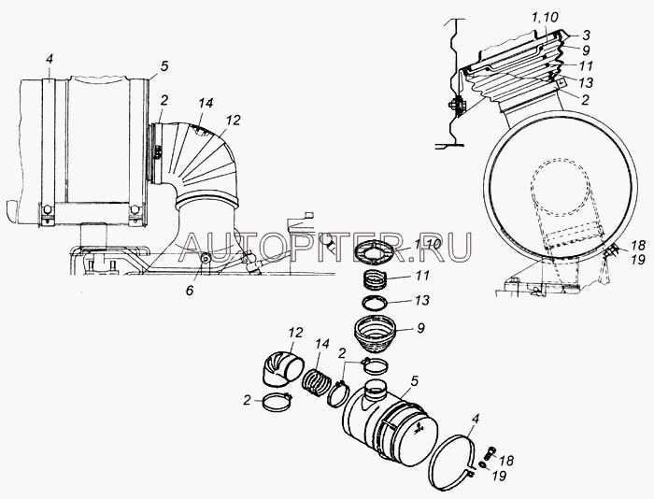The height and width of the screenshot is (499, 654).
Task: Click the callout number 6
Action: (x=190, y=291)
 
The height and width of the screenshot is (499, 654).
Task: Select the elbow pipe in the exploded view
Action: (x=282, y=369)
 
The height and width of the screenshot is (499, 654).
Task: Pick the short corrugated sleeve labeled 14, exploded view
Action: (x=317, y=382)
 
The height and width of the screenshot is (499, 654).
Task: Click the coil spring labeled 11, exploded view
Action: (x=376, y=278)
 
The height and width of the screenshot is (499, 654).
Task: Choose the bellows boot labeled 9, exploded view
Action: (x=374, y=335)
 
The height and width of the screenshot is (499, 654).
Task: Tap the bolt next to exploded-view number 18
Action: (x=490, y=453)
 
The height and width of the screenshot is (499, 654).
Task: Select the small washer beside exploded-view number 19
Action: (x=483, y=465)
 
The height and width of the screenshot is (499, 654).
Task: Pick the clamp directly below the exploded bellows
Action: (x=375, y=366)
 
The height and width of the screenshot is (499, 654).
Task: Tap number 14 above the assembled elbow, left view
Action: (x=206, y=104)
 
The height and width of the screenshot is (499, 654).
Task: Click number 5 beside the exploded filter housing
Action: (x=414, y=381)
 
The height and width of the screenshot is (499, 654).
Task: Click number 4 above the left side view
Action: (x=50, y=59)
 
